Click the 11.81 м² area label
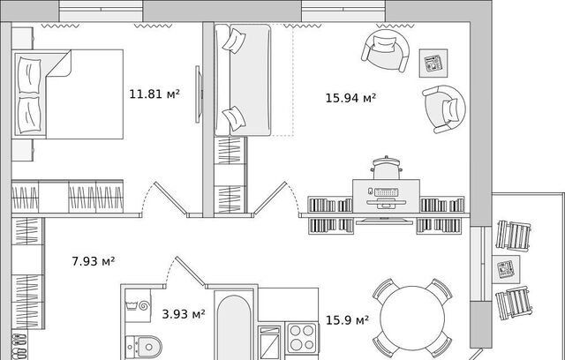(154, 94)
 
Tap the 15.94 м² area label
(350, 98)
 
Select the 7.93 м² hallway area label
(94, 261)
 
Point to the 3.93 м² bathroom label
(184, 314)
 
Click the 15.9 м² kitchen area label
(347, 320)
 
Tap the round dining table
(412, 318)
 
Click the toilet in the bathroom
(143, 347)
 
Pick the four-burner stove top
(302, 338)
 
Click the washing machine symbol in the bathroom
(138, 305)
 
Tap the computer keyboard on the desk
(386, 191)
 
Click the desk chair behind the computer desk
(387, 168)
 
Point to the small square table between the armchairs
(433, 64)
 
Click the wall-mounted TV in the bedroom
(198, 94)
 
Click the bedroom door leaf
(170, 199)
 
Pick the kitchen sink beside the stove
(270, 342)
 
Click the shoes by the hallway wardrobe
(19, 346)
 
